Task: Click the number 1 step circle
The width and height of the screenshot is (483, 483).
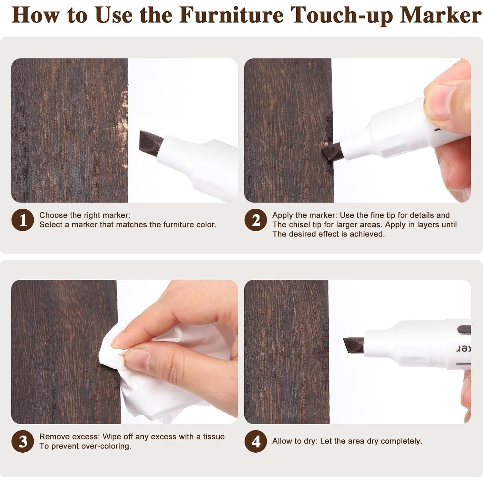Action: tap(23, 220)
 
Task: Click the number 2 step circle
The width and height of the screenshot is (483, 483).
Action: tap(256, 220)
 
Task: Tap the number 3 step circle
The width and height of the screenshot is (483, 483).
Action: tap(23, 441)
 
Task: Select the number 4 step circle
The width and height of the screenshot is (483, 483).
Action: tap(256, 441)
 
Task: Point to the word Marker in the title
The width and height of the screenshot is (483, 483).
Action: tap(441, 15)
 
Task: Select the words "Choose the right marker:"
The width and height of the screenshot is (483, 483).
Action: tap(85, 215)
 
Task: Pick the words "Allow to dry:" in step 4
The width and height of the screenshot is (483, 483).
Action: tap(295, 441)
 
